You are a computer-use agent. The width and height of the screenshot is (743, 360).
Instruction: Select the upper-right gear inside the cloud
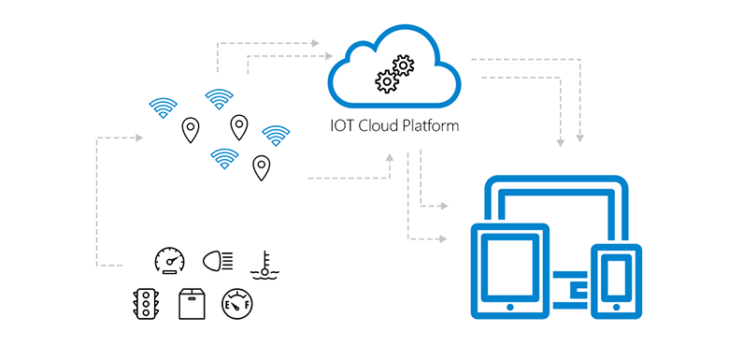pyautogui.click(x=403, y=66)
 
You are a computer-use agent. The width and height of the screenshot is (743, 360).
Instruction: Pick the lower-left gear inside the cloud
pyautogui.click(x=386, y=81)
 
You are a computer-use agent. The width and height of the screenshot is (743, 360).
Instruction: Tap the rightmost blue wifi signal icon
pyautogui.click(x=276, y=136)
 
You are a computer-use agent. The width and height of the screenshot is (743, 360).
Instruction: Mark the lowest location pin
pyautogui.click(x=262, y=167)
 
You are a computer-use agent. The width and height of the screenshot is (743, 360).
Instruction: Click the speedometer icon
pyautogui.click(x=169, y=261)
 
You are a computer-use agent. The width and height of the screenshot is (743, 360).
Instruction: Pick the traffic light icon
pyautogui.click(x=145, y=303)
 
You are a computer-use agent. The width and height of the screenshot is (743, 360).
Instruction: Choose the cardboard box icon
pyautogui.click(x=192, y=303)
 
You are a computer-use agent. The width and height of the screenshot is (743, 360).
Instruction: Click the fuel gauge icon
pyautogui.click(x=236, y=303)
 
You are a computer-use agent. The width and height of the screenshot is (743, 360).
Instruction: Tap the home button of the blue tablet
pyautogui.click(x=509, y=306)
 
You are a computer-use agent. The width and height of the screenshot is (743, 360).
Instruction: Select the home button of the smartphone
pyautogui.click(x=616, y=306)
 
